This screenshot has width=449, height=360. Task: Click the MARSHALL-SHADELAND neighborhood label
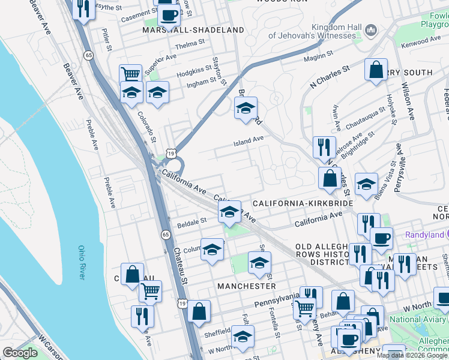[193, 30]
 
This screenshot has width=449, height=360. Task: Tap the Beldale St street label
[192, 223]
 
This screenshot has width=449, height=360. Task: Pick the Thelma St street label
[190, 46]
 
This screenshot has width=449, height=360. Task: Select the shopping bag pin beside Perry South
[376, 70]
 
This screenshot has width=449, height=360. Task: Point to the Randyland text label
[424, 234]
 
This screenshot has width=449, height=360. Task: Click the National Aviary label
[417, 319]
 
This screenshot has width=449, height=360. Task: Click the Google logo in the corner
[20, 353]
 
